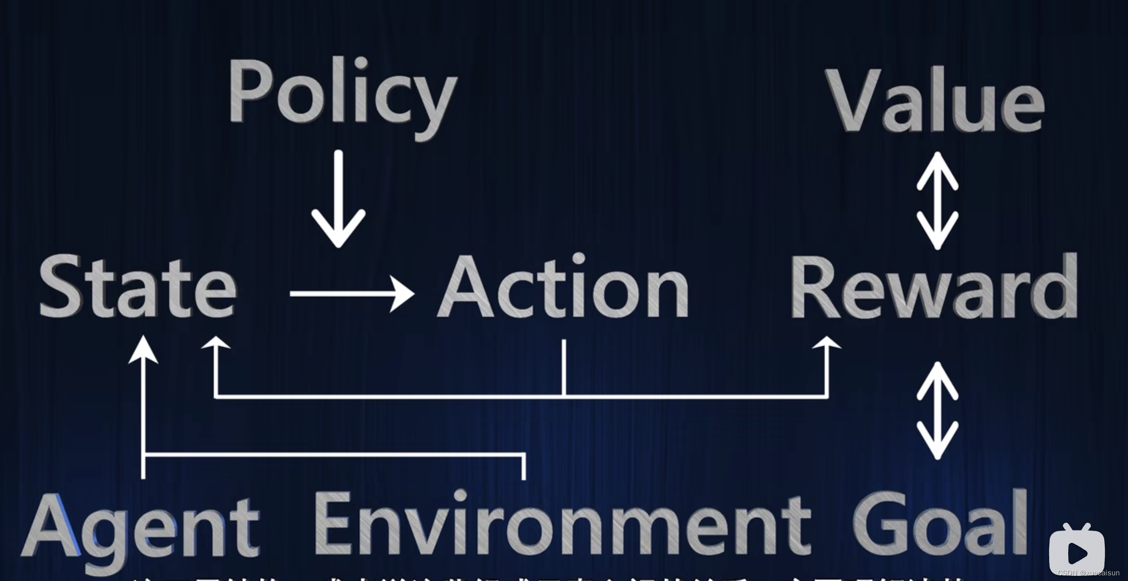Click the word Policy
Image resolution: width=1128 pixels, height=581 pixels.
[343, 95]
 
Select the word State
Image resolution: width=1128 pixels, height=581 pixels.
[138, 287]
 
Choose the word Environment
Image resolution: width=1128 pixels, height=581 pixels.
[561, 523]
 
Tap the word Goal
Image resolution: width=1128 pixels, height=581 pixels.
[940, 523]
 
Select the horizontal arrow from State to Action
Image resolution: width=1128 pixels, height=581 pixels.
[352, 294]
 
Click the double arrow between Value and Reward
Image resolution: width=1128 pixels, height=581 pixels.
[937, 201]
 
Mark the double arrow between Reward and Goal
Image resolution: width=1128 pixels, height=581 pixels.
[937, 411]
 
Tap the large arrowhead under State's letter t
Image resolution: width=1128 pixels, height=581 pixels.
[143, 350]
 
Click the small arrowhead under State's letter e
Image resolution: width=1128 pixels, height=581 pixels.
[215, 343]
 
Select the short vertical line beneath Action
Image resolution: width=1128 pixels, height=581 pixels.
[564, 367]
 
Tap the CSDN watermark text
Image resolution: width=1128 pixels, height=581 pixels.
[1088, 573]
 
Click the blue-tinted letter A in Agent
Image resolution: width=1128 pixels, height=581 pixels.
[52, 525]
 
